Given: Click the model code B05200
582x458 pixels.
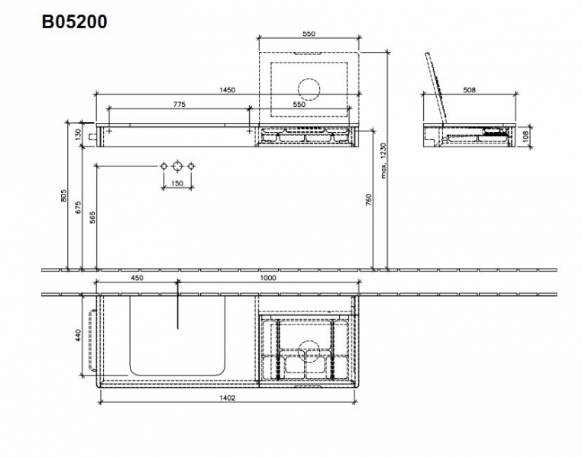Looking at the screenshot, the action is click(75, 21).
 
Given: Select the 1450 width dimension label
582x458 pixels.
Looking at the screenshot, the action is click(228, 90).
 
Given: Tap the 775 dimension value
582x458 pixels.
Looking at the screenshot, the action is click(179, 105).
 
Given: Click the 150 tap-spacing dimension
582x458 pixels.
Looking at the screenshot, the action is click(177, 183).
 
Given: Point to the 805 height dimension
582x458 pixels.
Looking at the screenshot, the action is click(64, 196).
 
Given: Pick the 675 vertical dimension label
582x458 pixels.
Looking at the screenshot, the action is click(78, 208).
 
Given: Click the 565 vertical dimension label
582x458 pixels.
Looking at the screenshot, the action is click(92, 218).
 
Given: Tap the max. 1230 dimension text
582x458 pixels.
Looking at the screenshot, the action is click(383, 160).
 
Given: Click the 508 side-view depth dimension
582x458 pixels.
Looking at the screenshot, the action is click(470, 90).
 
